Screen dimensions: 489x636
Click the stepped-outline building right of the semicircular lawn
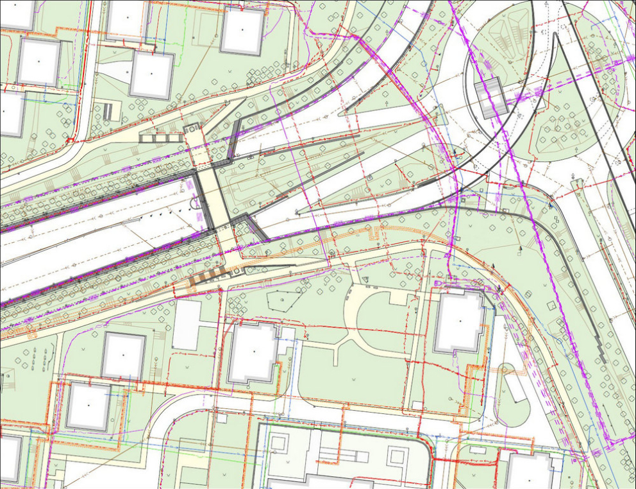pyautogui.click(x=459, y=323)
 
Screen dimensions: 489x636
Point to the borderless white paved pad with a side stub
pyautogui.click(x=186, y=325)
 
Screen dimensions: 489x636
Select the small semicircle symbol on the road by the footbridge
pyautogui.click(x=195, y=204)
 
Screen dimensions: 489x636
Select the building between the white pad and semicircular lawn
pyautogui.click(x=254, y=353)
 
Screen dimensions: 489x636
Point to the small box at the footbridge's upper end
pyautogui.click(x=192, y=130)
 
